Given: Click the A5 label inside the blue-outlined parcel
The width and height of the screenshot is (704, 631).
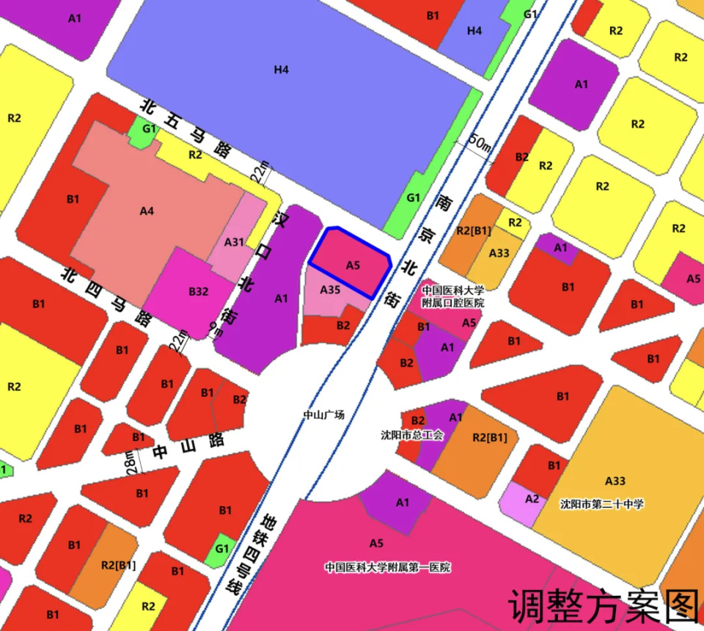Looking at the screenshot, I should click(x=353, y=265).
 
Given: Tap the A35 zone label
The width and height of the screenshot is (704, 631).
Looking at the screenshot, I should click(x=331, y=290).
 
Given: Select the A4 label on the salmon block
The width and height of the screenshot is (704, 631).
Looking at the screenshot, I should click(x=147, y=211).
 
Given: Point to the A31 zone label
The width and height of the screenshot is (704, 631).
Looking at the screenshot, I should click(x=235, y=242).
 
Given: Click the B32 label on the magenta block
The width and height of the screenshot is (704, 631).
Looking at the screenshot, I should click(x=199, y=291).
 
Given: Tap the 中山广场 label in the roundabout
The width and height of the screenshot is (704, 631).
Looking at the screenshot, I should click(x=324, y=415).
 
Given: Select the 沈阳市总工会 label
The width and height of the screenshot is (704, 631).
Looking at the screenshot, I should click(x=412, y=435).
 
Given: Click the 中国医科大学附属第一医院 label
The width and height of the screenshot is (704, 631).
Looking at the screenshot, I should click(x=388, y=567).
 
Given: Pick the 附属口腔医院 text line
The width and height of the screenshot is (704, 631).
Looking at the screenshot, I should click(x=452, y=302).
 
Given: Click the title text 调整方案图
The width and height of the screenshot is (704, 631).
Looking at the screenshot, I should click(x=603, y=605).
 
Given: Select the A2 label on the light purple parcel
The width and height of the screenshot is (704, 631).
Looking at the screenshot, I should click(x=532, y=499).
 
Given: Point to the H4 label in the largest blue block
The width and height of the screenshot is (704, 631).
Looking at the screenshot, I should click(x=282, y=70).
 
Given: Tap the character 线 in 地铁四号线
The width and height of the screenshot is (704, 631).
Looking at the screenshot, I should click(x=234, y=586).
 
